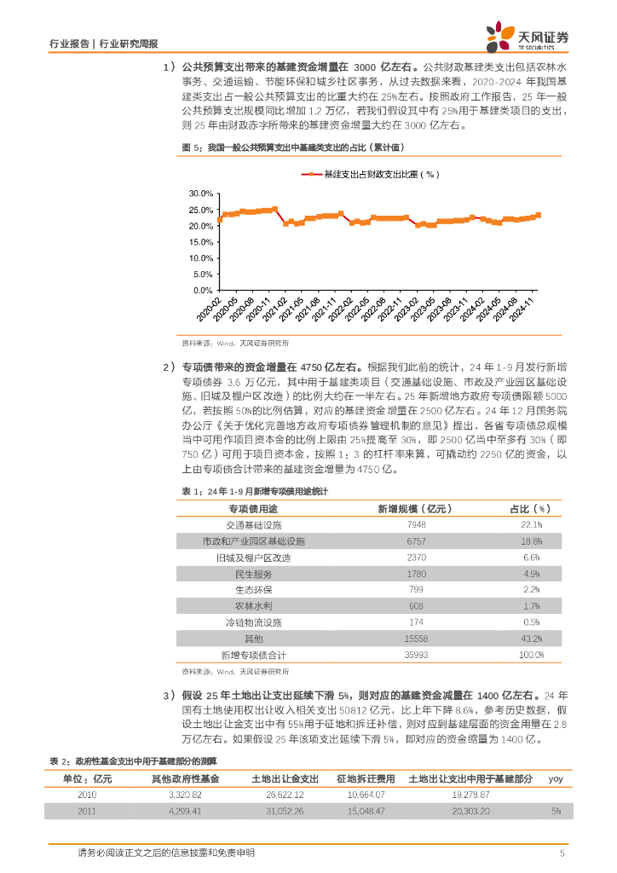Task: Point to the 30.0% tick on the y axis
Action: [200, 193]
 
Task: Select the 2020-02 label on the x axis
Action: [207, 309]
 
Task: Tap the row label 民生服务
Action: [253, 574]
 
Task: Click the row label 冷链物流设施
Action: [253, 622]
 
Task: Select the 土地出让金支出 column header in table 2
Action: [285, 778]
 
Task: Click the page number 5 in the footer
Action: [562, 853]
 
